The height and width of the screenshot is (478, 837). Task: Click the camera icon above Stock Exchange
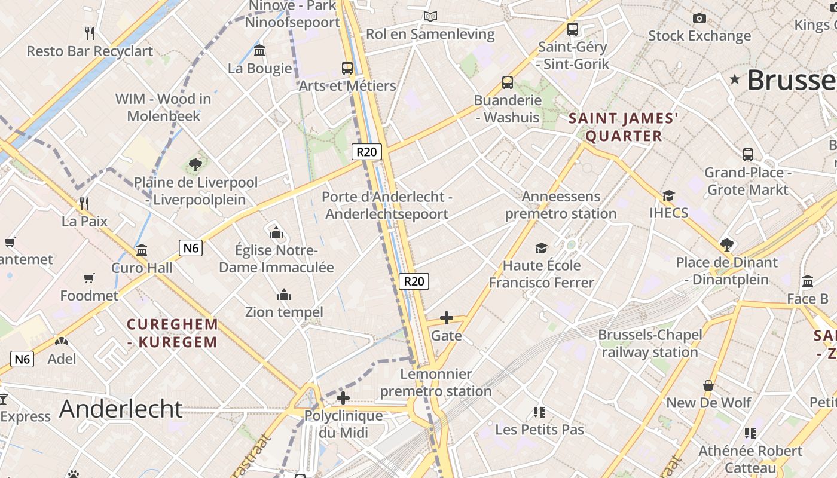point(699,19)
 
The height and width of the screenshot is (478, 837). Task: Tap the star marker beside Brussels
point(735,79)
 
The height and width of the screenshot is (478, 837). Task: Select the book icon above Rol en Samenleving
point(430,17)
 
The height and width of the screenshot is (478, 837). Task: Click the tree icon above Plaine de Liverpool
point(195,164)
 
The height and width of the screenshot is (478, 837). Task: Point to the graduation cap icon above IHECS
point(668,195)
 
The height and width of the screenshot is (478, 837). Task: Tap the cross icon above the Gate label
point(446,318)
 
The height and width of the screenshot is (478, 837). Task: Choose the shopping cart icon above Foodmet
point(88,278)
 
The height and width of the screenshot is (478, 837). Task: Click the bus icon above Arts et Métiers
point(347,68)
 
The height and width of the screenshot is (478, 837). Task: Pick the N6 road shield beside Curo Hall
point(191,247)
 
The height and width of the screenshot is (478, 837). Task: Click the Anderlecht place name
point(121,409)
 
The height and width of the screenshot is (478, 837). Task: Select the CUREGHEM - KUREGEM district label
point(172,333)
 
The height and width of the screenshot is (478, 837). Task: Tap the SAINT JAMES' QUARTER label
point(624,127)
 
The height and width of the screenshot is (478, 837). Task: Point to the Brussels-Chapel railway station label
point(650,344)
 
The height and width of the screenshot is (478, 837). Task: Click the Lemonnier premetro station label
point(436,383)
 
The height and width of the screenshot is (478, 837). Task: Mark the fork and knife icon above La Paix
point(84,204)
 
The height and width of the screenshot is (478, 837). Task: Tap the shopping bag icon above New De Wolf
point(708,385)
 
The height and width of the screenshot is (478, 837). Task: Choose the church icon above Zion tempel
point(284,295)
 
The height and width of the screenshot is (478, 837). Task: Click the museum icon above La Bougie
point(259,51)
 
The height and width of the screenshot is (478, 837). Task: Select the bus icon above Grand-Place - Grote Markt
point(747,155)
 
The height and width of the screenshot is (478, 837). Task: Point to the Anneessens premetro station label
point(561,205)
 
